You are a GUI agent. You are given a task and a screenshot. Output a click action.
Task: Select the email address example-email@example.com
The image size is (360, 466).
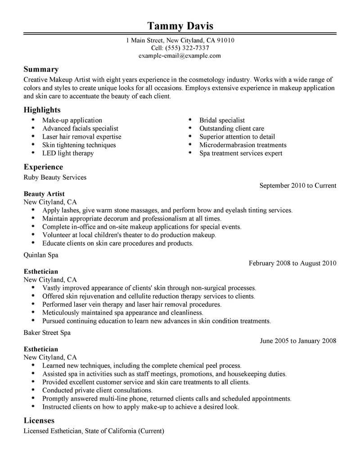click(180, 56)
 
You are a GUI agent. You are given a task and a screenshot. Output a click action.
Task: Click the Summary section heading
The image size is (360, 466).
click(41, 69)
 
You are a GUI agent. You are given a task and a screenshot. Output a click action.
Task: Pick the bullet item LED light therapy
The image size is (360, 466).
click(68, 153)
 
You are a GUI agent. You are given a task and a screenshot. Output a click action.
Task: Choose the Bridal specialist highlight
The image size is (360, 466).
click(222, 121)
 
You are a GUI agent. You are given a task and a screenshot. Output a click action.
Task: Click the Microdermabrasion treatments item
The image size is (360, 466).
click(243, 145)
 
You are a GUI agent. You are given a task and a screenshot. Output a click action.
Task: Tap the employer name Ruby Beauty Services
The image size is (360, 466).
click(55, 177)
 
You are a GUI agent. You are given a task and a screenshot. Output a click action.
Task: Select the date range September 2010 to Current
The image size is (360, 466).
click(298, 185)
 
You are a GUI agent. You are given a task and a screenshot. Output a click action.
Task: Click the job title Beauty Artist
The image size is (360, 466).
click(44, 194)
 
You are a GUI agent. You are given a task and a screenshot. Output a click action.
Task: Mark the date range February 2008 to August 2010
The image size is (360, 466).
click(292, 263)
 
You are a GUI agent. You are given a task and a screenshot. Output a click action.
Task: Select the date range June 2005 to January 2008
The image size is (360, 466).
click(298, 341)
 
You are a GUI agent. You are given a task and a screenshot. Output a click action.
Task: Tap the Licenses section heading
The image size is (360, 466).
click(39, 421)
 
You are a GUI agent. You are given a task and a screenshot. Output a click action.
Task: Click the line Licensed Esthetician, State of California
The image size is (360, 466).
click(94, 431)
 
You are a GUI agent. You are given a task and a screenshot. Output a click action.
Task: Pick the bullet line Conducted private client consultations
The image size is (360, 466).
click(97, 390)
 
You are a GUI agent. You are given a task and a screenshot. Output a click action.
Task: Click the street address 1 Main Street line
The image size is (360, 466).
click(180, 40)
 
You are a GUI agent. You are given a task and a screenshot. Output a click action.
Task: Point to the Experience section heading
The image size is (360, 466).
click(43, 167)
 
